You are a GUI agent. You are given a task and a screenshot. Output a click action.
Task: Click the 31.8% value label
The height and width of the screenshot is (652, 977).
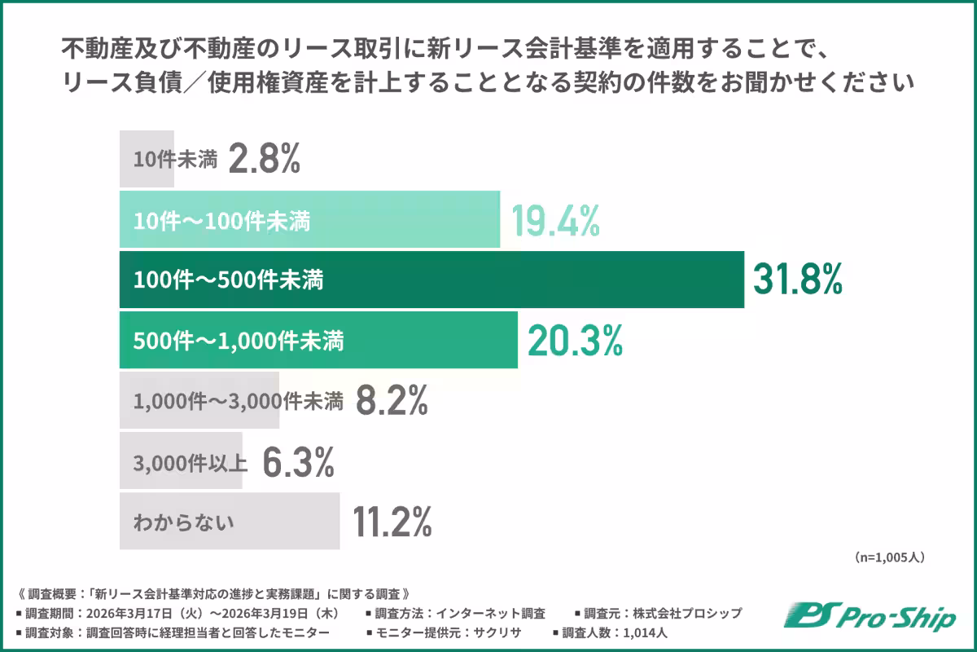[x=796, y=280]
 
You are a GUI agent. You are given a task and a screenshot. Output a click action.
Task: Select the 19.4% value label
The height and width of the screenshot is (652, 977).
[x=555, y=219]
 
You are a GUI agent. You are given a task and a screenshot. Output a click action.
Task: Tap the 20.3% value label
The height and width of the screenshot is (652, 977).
[x=575, y=341]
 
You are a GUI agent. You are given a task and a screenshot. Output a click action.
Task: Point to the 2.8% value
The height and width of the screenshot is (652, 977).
[x=265, y=159]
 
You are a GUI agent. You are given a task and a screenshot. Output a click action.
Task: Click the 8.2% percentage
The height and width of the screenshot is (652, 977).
[x=392, y=401]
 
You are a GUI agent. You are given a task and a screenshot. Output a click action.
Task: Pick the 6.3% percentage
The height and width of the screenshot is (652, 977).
[x=298, y=463]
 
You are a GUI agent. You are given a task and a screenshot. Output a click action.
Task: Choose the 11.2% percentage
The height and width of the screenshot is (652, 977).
[x=392, y=522]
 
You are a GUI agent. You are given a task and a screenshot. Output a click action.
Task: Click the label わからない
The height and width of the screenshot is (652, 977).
[x=184, y=522]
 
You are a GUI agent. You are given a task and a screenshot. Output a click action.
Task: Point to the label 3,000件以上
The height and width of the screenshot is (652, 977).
[x=191, y=463]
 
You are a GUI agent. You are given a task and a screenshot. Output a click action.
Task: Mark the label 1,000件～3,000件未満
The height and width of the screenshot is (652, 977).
[x=238, y=401]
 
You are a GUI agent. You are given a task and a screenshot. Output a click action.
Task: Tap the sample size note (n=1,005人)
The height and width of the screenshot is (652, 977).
[x=889, y=558]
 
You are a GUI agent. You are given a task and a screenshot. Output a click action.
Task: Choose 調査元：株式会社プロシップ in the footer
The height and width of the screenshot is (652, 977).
[x=658, y=612]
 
